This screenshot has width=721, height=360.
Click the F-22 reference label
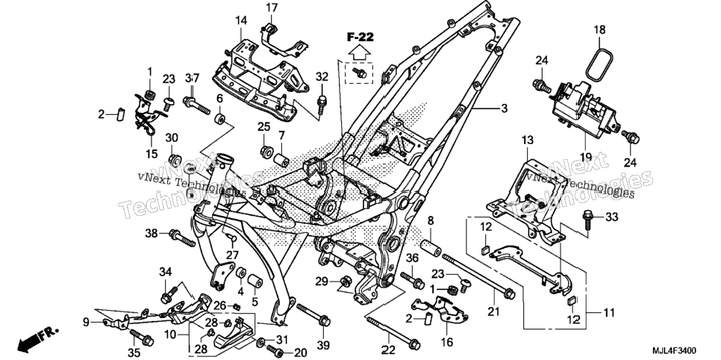360,38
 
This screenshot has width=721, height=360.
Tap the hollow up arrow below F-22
360,54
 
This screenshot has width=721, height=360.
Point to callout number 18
599,30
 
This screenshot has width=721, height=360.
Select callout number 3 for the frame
504,108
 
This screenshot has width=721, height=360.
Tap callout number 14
241,20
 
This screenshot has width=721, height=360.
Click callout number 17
272,7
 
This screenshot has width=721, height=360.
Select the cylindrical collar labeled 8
431,245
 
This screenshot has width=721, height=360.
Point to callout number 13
527,140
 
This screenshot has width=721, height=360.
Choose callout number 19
585,157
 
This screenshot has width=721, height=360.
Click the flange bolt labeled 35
142,337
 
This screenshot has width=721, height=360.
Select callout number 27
232,255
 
